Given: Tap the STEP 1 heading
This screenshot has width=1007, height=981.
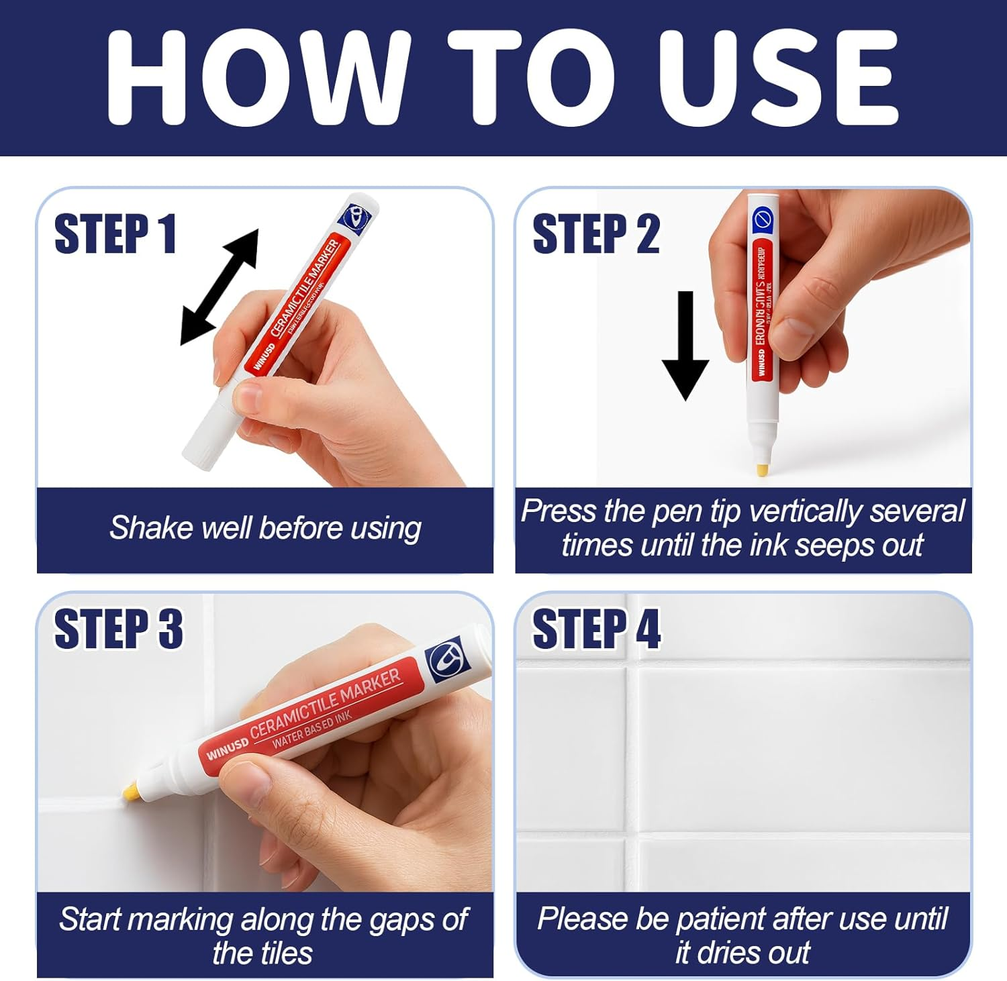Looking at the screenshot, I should tap(115, 234).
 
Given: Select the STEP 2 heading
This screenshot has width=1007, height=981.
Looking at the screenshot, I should tap(595, 234).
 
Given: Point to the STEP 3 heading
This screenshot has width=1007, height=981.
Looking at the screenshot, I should tap(118, 629).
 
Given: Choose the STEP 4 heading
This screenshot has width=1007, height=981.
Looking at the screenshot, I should tap(596, 629).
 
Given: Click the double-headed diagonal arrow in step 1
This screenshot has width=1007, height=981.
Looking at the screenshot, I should tap(220, 287).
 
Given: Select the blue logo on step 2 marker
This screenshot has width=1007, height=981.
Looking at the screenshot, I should tap(763, 219).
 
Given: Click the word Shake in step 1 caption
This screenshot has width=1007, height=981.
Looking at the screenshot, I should tap(139, 528).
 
